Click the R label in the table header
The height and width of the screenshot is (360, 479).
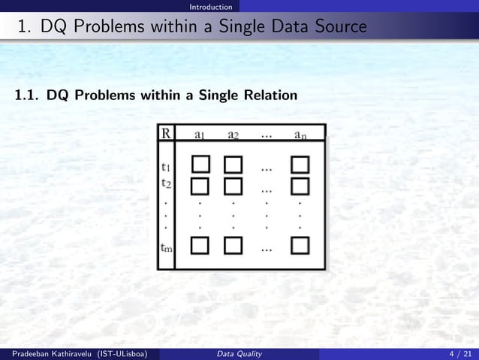(x=166, y=135)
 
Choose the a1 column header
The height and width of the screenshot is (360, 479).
(x=200, y=135)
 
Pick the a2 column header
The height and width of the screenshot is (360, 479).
(x=233, y=135)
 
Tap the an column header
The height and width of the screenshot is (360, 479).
(x=300, y=135)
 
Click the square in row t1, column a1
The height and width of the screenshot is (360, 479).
(x=200, y=164)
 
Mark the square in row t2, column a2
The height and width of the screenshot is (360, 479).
(x=233, y=184)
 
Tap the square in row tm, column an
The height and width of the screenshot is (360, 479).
(x=300, y=246)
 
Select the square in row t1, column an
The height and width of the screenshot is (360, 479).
(x=300, y=164)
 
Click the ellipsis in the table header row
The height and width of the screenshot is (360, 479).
(x=267, y=136)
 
